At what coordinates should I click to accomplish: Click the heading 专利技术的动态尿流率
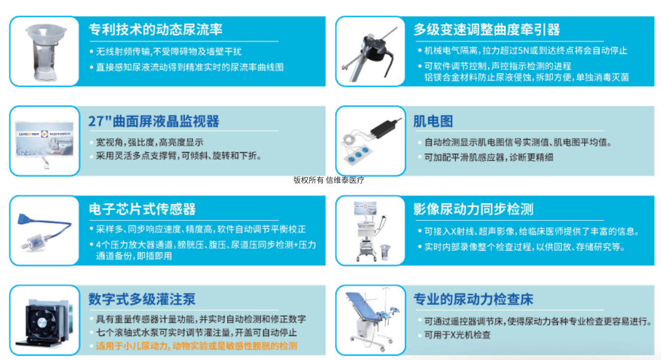tap(155, 30)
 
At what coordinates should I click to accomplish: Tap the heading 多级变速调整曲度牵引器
tap(487, 30)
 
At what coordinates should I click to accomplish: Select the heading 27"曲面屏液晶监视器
tap(154, 121)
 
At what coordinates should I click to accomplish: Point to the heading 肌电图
tap(433, 121)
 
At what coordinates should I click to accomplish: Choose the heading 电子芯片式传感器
tap(142, 209)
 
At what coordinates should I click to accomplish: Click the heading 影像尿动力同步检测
tap(473, 209)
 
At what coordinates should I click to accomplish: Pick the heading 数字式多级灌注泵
tap(142, 299)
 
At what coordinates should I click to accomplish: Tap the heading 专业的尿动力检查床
tap(473, 299)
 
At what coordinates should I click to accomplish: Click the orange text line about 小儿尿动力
tap(197, 346)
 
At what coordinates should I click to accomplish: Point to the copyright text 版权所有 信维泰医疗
tap(329, 180)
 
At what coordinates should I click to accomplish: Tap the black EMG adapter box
tap(386, 128)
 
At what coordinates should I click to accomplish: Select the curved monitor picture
tap(44, 139)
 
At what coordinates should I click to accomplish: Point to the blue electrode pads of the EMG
tap(358, 155)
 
